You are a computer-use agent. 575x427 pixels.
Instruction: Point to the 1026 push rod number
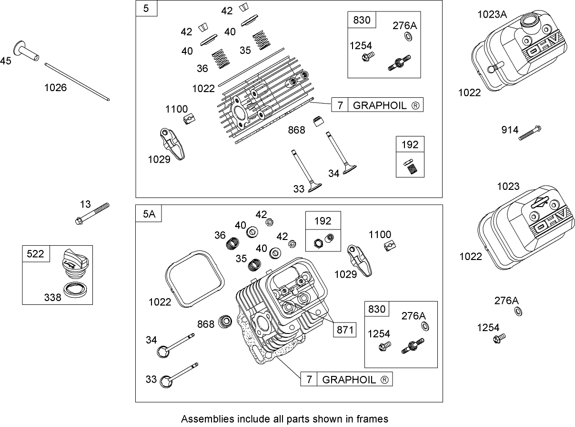click(55, 87)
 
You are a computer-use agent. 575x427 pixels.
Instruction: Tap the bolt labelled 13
click(92, 213)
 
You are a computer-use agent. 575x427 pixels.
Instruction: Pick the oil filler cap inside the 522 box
click(72, 264)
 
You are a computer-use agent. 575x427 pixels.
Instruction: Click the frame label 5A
click(149, 215)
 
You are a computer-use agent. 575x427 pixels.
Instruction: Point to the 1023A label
click(492, 14)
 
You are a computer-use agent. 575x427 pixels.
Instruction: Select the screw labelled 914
click(530, 133)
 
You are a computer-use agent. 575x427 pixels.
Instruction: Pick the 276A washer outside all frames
click(518, 312)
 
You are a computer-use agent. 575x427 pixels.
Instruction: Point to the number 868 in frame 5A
click(205, 324)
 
